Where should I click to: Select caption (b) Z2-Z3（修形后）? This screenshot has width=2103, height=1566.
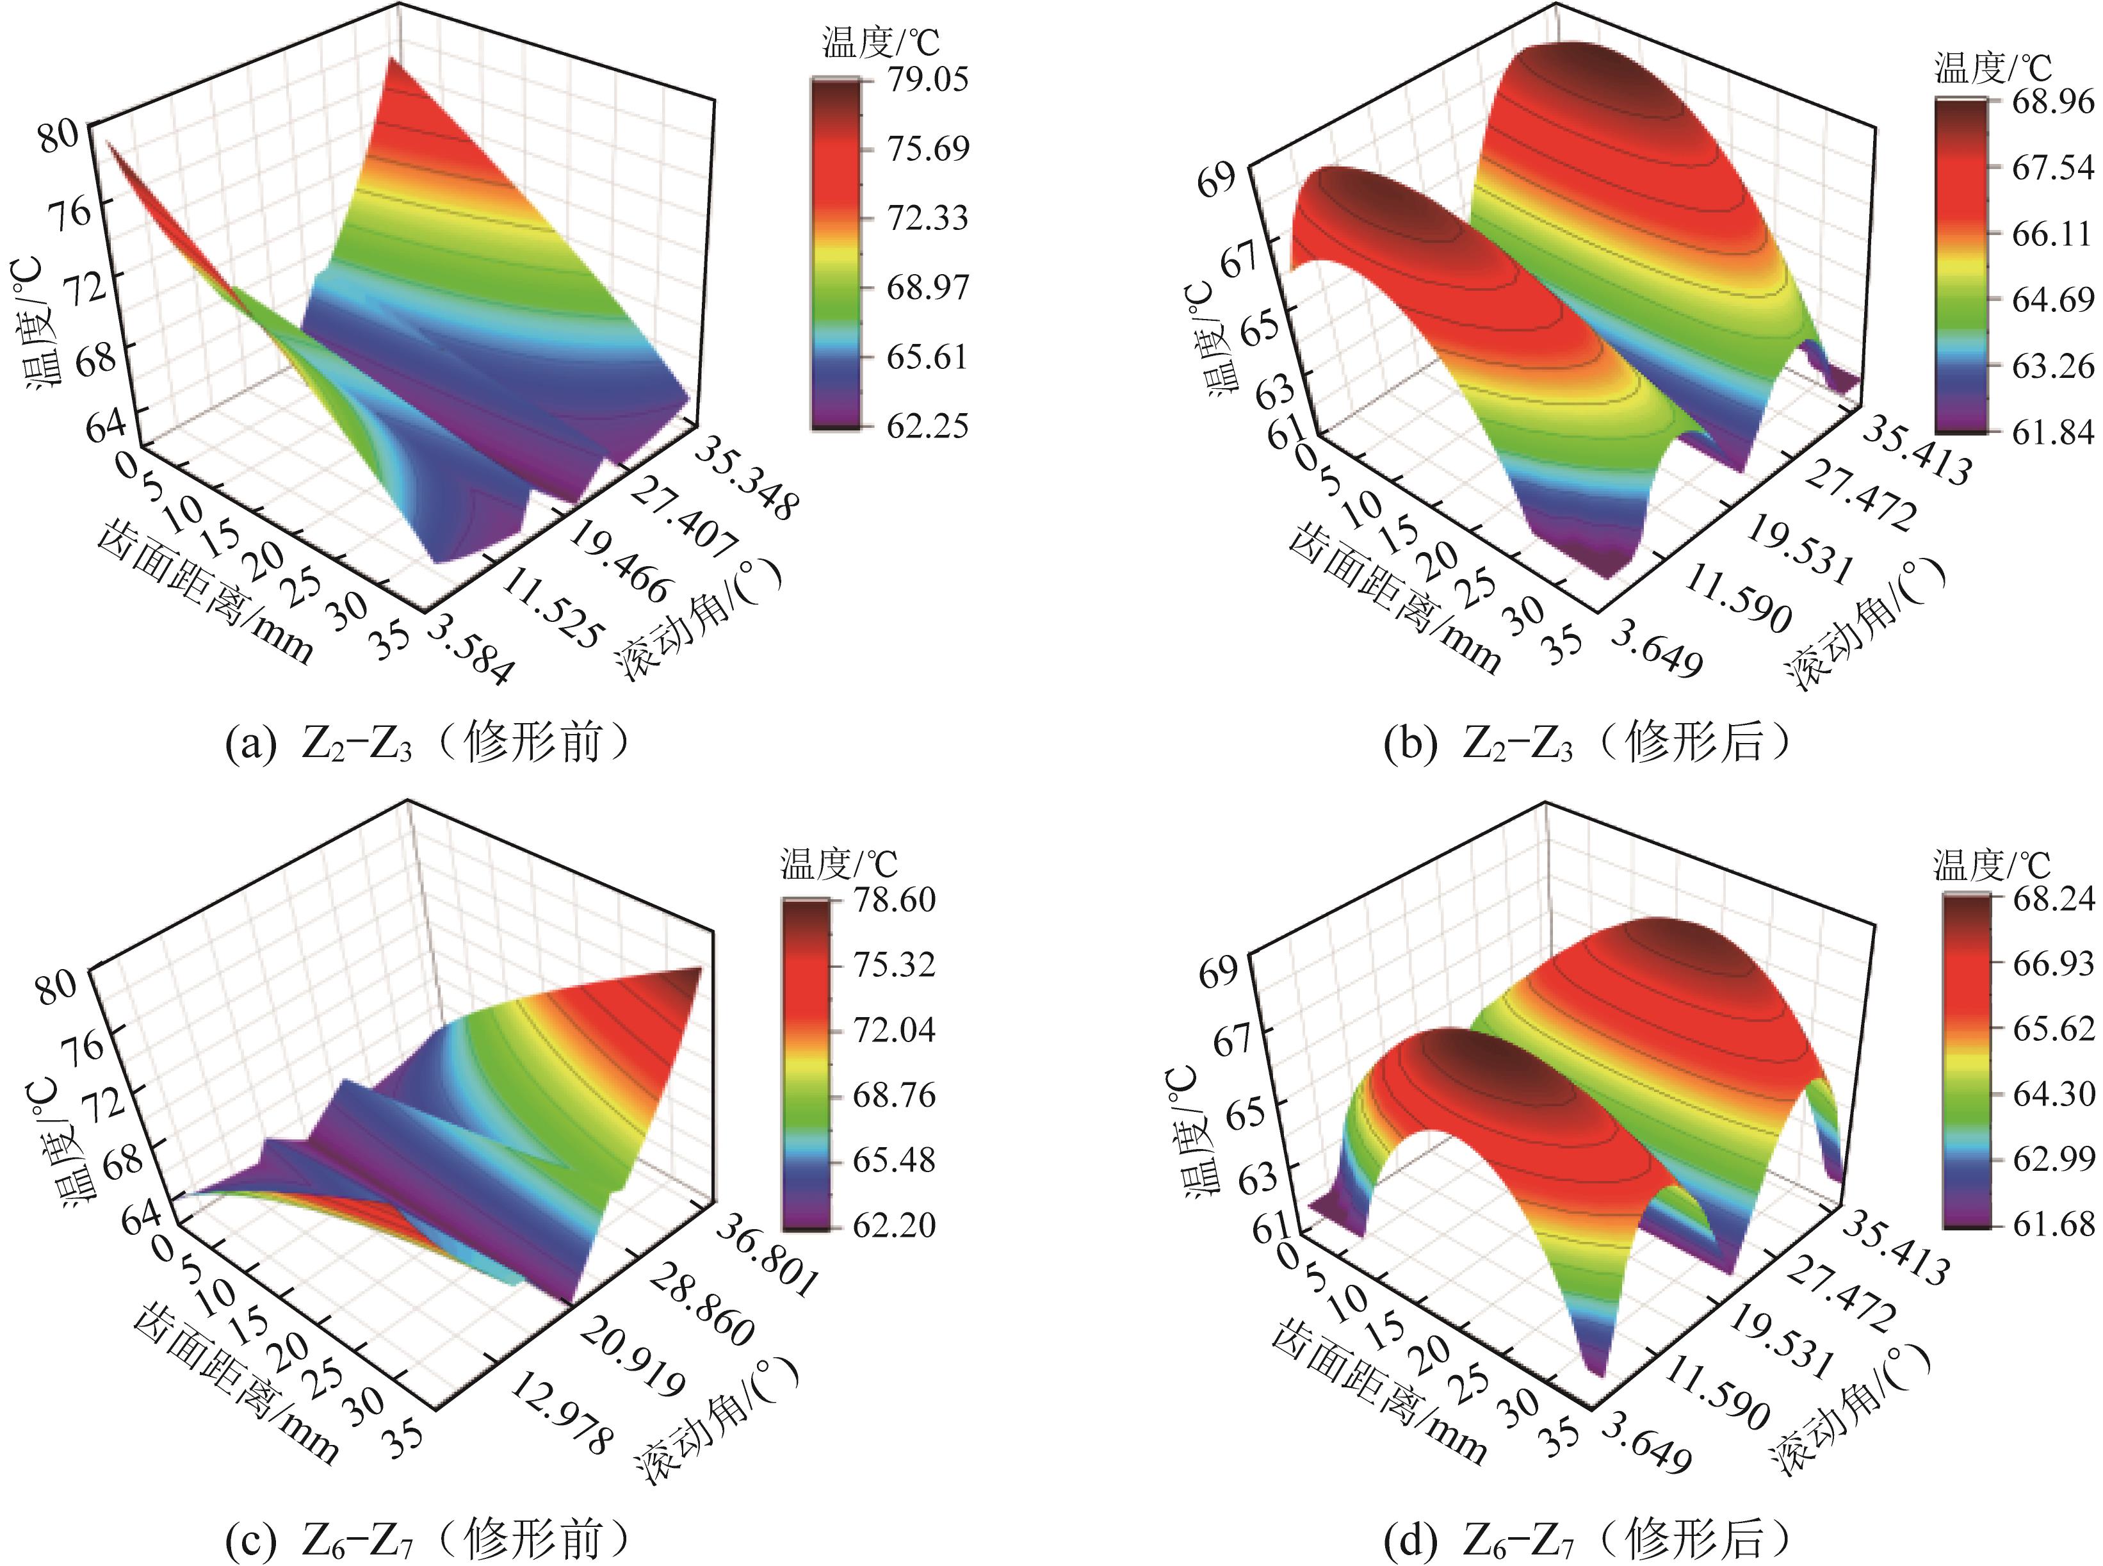tap(1587, 742)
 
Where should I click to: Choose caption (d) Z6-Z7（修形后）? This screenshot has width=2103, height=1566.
tap(1587, 1538)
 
